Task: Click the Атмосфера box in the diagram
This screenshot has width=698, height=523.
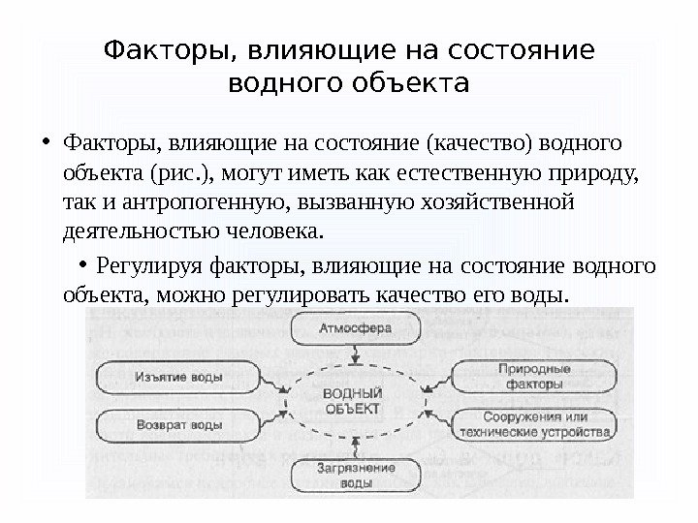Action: tap(356, 329)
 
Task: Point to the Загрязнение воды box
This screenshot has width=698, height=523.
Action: tap(356, 475)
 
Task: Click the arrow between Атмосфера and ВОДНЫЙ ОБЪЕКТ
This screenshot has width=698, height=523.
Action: tap(356, 356)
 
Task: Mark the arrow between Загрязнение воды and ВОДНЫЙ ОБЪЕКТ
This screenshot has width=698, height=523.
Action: tap(356, 446)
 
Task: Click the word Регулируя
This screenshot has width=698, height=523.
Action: tap(144, 265)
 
